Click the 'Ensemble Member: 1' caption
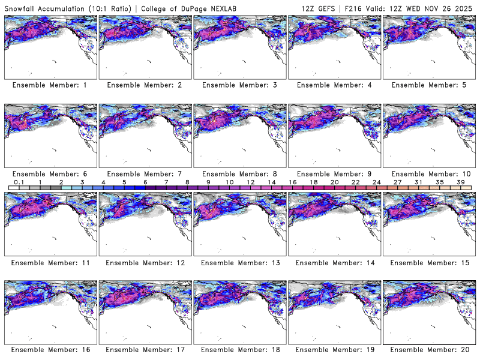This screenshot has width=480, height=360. (50, 85)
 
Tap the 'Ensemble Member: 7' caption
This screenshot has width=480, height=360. (145, 174)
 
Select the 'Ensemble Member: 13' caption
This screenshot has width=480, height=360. (239, 262)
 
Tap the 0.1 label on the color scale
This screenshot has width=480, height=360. (19, 182)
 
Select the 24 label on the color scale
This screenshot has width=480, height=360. (376, 182)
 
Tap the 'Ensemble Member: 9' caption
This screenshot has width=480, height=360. (334, 174)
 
